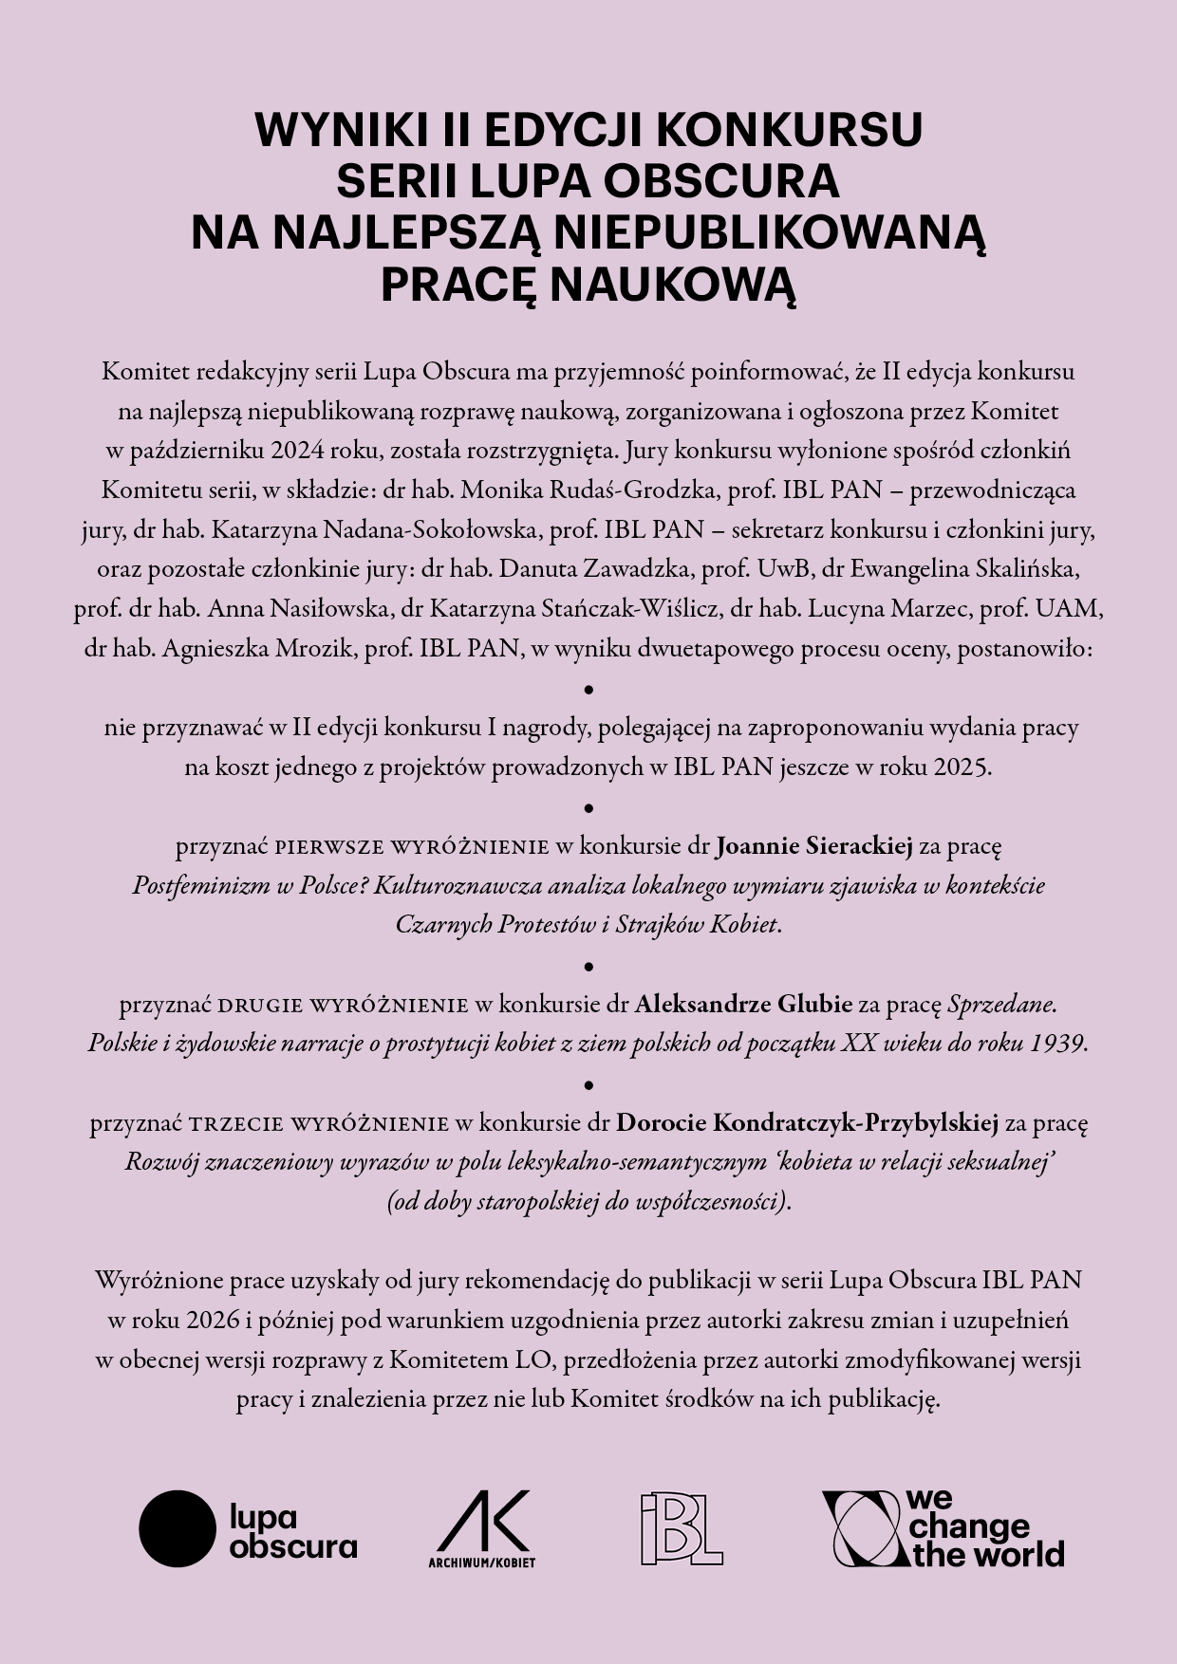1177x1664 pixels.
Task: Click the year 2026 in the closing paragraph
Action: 215,1320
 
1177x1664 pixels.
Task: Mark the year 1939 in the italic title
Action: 1056,1044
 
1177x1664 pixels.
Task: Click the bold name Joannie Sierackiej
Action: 813,845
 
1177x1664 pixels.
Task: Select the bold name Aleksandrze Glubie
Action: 743,1004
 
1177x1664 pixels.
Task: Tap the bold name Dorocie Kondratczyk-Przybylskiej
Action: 807,1123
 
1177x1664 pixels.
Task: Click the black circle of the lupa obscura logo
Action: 177,1528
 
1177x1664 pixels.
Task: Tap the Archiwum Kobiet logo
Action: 481,1528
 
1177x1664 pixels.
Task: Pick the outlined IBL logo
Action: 681,1528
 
